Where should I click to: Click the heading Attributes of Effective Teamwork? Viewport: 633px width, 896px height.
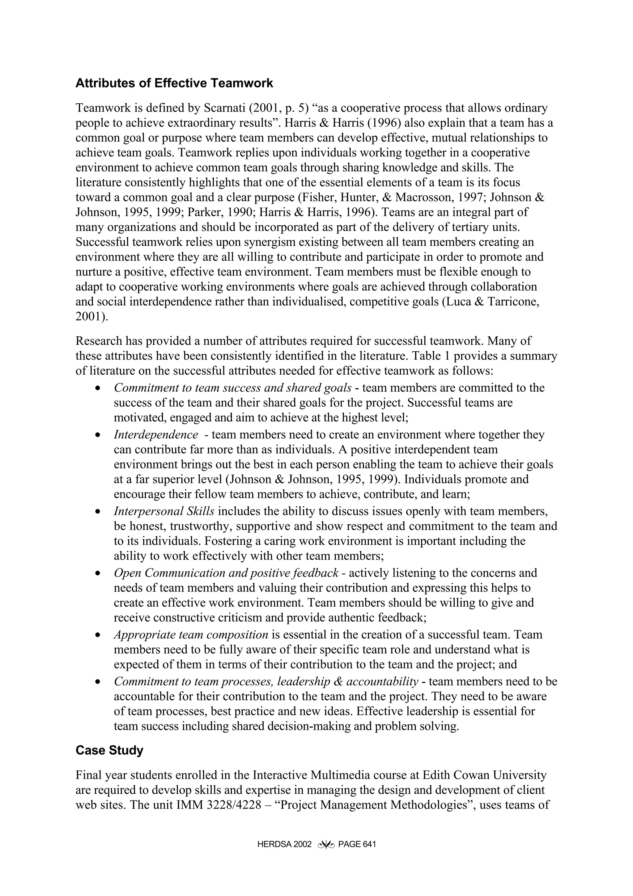pos(174,83)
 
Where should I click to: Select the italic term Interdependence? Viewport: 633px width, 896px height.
pos(155,434)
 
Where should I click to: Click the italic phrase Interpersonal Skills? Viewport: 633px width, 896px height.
pos(164,511)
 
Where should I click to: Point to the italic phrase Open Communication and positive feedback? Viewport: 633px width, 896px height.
pos(226,573)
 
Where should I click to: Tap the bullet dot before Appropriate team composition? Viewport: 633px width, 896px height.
pos(98,635)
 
